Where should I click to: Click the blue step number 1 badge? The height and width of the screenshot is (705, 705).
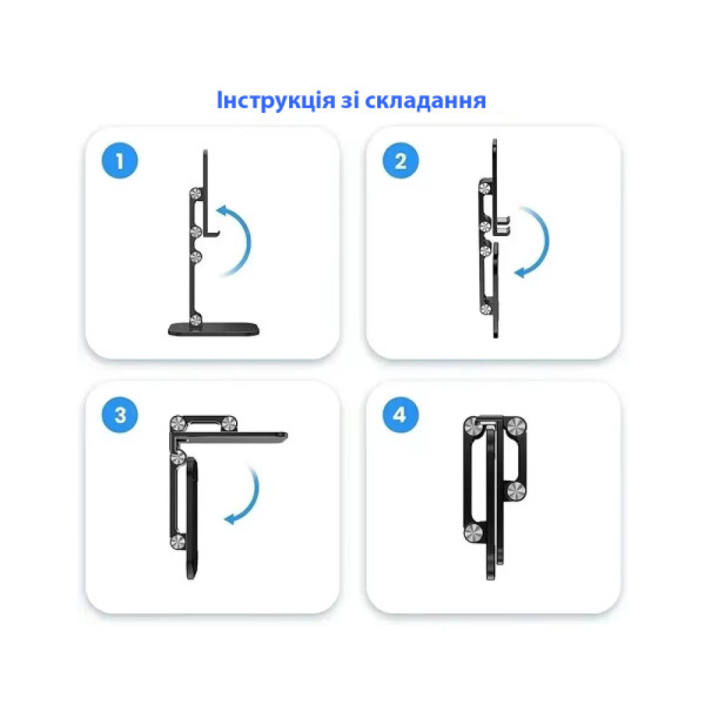(x=119, y=160)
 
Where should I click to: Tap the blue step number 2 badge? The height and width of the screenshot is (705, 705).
(x=400, y=160)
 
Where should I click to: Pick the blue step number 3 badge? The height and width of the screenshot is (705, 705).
(x=119, y=415)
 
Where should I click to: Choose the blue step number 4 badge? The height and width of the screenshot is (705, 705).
(x=400, y=415)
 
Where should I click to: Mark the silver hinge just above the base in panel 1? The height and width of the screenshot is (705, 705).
(x=196, y=321)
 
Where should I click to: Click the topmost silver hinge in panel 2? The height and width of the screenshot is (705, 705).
(x=485, y=188)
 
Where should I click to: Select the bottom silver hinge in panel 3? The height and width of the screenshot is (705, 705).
(x=177, y=541)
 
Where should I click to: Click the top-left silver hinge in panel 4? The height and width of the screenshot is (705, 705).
(x=473, y=425)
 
